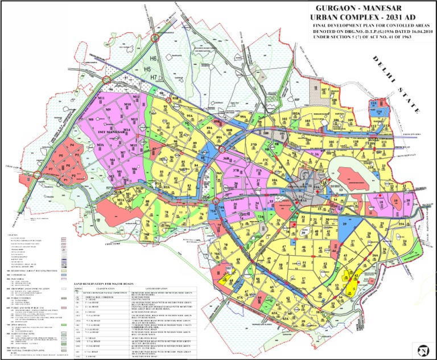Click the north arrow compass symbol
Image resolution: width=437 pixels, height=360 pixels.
422,348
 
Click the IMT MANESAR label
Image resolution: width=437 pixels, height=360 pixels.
112,132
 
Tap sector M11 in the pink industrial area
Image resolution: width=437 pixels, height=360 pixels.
104,99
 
